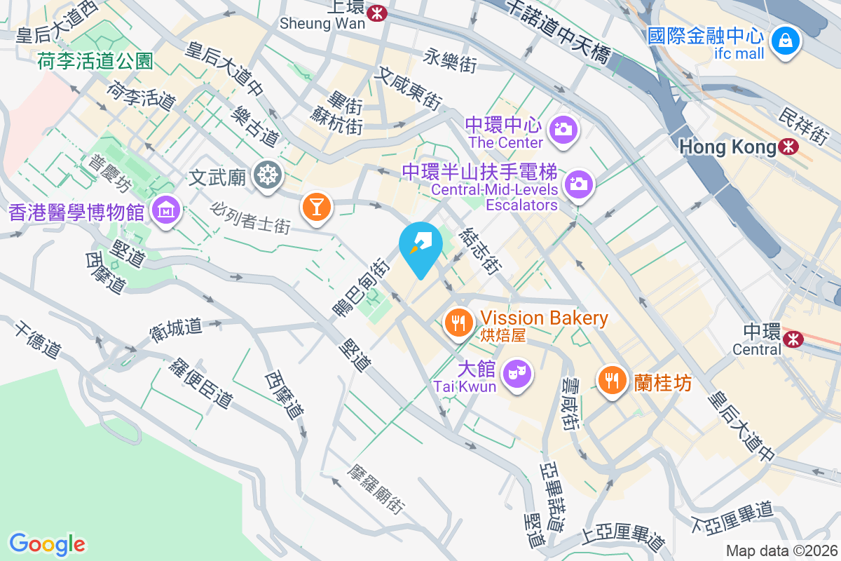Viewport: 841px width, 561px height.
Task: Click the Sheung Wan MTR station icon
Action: (x=378, y=12)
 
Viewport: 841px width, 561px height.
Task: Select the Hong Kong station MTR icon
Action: (x=788, y=147)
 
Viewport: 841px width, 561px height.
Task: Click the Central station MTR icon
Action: (x=793, y=339)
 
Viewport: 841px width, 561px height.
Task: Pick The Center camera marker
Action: (x=562, y=129)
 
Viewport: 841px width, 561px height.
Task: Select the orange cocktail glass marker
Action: (x=316, y=207)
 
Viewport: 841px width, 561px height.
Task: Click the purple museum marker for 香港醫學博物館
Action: (x=167, y=210)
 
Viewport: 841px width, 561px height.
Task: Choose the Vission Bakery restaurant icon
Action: (x=459, y=323)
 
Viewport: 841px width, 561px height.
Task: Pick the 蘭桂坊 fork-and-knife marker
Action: (x=613, y=380)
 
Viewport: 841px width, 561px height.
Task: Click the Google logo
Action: (x=47, y=543)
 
